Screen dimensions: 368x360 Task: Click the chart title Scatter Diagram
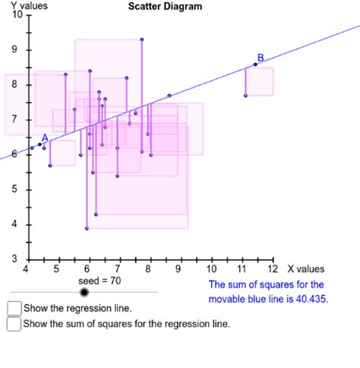coord(165,7)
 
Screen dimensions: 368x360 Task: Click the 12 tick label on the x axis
coord(273,269)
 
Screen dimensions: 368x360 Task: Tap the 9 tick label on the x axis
coord(179,269)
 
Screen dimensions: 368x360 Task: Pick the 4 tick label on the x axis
coord(27,269)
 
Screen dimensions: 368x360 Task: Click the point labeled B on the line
coord(255,65)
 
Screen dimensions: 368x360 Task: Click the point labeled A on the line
coord(40,144)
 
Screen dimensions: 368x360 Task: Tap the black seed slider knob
coord(84,291)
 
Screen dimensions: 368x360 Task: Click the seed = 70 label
coord(99,281)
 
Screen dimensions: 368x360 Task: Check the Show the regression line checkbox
coord(14,308)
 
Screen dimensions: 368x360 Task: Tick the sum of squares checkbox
coord(14,324)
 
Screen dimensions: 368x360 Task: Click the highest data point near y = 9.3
coord(142,39)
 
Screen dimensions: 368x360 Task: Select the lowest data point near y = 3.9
coord(87,228)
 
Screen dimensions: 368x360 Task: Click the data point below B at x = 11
coord(245,96)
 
